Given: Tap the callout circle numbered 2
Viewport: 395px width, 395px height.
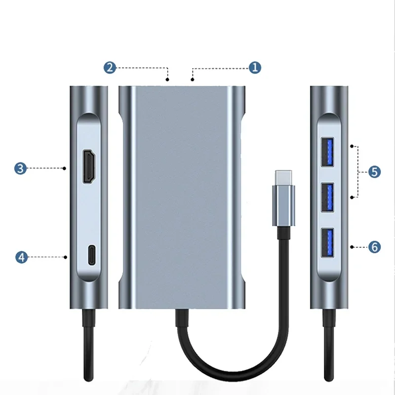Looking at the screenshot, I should point(110,68).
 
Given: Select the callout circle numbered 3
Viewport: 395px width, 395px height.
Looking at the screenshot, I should point(20,168).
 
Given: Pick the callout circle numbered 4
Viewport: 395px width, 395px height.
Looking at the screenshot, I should point(20,257).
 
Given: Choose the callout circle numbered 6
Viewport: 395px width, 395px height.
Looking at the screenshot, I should point(375,246).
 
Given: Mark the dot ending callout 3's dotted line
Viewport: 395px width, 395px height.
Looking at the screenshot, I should point(65,168).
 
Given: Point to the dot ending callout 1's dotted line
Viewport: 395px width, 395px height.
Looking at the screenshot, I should point(192,79).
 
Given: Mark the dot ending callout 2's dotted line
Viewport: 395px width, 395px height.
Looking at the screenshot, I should point(168,79).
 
